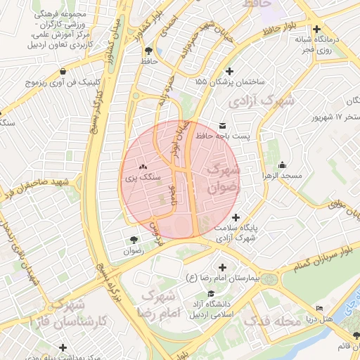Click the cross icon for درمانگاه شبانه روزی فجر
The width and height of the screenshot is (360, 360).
(x=318, y=30)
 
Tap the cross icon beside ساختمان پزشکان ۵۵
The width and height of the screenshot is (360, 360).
(x=229, y=71)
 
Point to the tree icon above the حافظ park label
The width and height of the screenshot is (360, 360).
(x=148, y=51)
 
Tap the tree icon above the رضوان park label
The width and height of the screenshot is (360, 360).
(x=134, y=240)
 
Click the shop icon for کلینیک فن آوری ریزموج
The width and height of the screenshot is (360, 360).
(x=64, y=71)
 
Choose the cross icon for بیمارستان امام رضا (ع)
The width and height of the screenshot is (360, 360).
(x=223, y=267)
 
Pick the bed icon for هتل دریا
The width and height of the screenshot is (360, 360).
(x=321, y=309)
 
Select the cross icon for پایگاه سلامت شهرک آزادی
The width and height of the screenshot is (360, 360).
(x=236, y=217)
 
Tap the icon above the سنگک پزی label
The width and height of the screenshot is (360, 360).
(x=143, y=167)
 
